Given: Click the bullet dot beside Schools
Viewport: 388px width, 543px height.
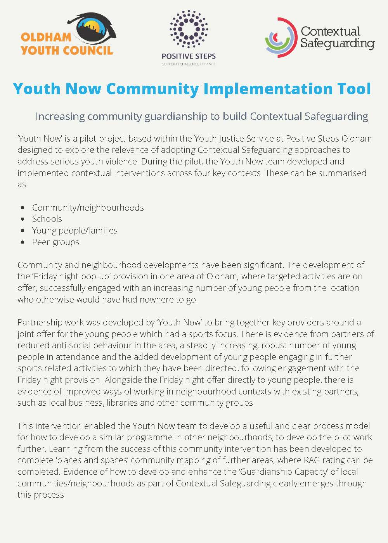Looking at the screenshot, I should (24, 219).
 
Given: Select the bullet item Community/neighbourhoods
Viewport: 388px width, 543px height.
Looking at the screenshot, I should (88, 208).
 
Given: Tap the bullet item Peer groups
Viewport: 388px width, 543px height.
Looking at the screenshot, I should (55, 242).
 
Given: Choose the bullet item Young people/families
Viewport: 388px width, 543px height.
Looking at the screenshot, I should (74, 230).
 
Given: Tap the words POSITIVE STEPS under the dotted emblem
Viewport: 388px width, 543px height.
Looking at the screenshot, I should (189, 56).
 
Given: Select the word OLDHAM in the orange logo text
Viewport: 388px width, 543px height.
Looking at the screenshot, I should (46, 37).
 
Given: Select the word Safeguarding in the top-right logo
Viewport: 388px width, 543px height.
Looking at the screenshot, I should (337, 43).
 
